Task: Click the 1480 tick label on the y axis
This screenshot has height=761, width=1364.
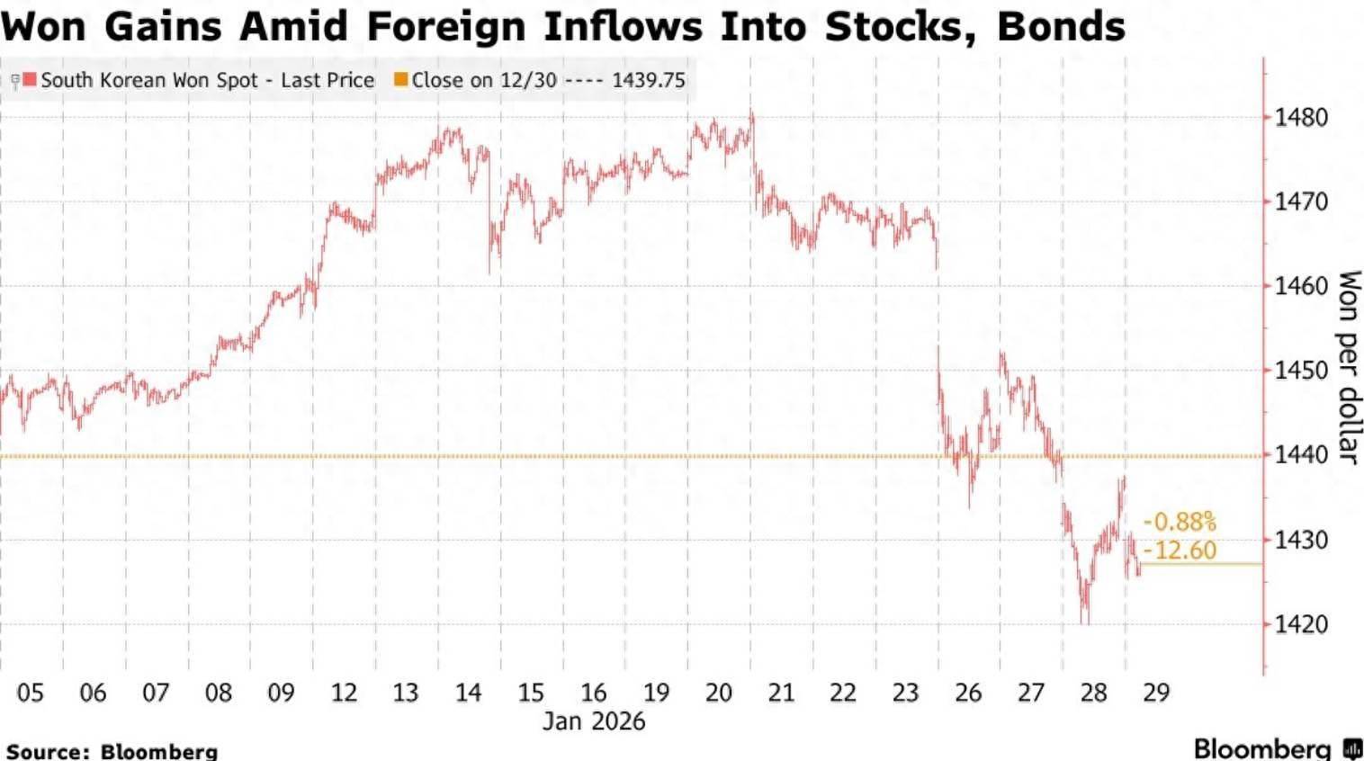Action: click(x=1300, y=117)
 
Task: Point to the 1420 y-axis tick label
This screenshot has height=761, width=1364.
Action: click(x=1300, y=623)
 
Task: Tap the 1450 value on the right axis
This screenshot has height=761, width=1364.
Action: click(x=1300, y=370)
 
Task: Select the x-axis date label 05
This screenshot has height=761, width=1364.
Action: click(x=30, y=693)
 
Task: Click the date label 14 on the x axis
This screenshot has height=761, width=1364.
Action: click(x=468, y=693)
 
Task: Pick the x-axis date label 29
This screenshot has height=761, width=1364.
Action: click(x=1156, y=693)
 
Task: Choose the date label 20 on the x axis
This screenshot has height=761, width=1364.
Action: click(x=718, y=693)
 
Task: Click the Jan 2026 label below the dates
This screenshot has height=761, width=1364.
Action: click(x=594, y=721)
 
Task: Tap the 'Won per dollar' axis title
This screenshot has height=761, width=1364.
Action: click(x=1348, y=367)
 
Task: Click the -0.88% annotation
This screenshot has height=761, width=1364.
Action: click(x=1180, y=522)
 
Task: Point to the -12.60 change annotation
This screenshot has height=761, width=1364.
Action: click(x=1180, y=551)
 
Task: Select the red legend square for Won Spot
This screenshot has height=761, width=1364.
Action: click(x=30, y=79)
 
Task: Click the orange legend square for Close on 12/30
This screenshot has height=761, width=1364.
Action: click(x=401, y=79)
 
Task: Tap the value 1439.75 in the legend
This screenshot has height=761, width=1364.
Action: click(x=648, y=80)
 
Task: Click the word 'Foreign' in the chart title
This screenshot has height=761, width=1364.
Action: click(x=447, y=25)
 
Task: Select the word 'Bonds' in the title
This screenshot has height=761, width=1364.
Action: click(x=1062, y=25)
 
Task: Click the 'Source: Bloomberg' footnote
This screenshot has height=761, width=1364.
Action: click(x=112, y=750)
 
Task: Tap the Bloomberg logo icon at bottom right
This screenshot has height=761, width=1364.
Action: click(x=1352, y=748)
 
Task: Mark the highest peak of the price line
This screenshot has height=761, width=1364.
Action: click(x=751, y=112)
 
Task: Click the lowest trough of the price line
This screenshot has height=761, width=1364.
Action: click(x=1085, y=622)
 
